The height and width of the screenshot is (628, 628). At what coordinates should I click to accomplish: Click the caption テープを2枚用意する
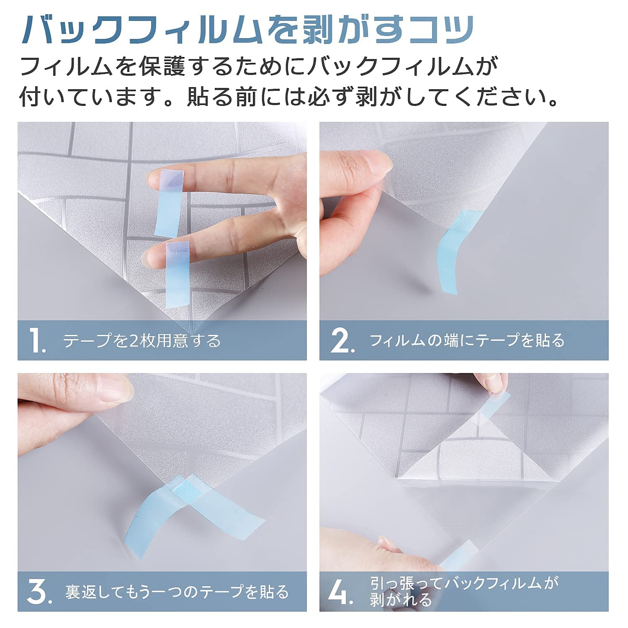tap(142, 341)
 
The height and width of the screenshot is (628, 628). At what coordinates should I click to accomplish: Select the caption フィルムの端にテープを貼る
tap(467, 340)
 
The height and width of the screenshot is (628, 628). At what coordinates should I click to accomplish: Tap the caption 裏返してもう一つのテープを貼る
tap(177, 592)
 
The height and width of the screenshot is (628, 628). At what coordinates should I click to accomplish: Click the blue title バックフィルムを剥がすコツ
tap(248, 30)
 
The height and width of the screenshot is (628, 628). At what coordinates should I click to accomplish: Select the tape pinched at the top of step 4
tap(494, 404)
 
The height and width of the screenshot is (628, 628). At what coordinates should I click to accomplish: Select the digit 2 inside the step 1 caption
tap(134, 341)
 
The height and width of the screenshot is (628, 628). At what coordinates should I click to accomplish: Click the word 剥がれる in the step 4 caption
tap(401, 600)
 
